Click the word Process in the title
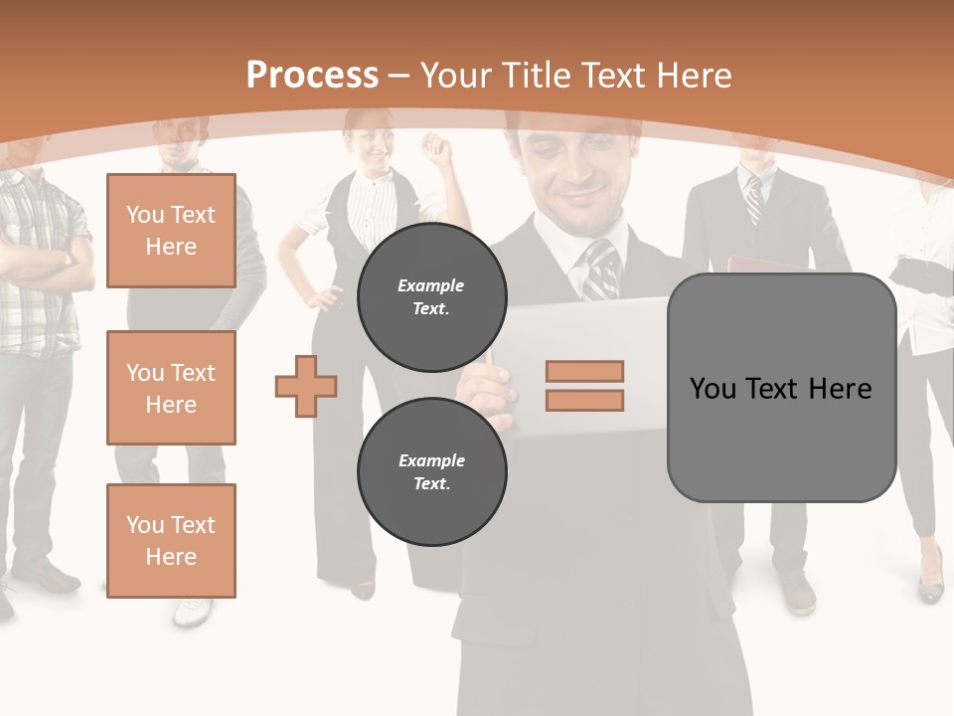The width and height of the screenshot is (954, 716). (312, 76)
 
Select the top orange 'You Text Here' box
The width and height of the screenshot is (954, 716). (171, 231)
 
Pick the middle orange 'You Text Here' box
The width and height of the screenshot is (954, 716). (171, 388)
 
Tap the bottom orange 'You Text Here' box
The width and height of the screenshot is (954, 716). (171, 540)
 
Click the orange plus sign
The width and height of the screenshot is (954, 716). (306, 386)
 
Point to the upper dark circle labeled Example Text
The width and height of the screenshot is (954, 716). (431, 296)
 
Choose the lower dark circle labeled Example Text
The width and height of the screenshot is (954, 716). (431, 471)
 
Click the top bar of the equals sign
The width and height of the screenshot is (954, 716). (584, 371)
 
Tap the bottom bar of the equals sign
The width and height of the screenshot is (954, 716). (584, 400)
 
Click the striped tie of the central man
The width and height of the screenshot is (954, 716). (600, 268)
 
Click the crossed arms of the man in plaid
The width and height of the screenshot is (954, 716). (35, 264)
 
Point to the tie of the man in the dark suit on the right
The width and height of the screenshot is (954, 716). (754, 199)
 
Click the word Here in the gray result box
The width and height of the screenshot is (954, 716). (840, 388)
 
